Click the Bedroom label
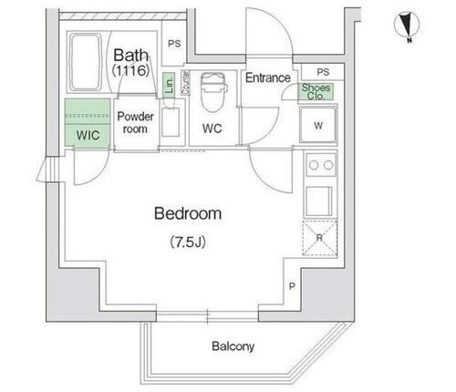coord(188,214)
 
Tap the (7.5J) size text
coord(188,242)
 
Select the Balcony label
coord(233,346)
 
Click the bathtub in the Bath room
coord(86,62)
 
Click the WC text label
coord(212,129)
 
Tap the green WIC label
coord(88,135)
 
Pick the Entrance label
coord(268,78)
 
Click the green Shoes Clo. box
coord(317,91)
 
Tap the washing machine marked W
coord(318,124)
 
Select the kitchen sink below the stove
coord(319,199)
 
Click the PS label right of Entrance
coord(322,72)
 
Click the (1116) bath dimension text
coord(130,70)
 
